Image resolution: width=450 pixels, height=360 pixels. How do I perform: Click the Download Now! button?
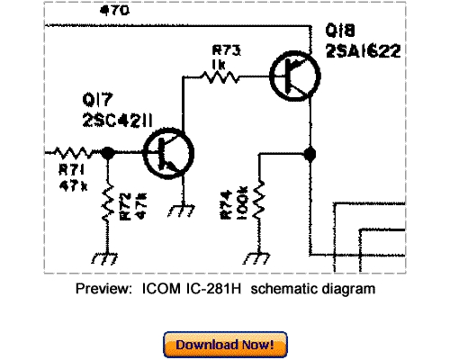[x=226, y=344]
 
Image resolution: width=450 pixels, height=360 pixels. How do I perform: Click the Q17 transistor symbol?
[x=166, y=154]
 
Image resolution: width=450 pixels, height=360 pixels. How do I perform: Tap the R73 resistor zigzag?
[x=220, y=78]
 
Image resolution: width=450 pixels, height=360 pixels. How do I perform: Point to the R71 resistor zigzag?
[x=73, y=153]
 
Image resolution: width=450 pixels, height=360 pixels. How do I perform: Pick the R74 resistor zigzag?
[x=260, y=202]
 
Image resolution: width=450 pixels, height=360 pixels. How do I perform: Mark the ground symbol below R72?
[x=108, y=259]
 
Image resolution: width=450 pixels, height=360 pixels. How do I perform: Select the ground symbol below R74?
[x=260, y=259]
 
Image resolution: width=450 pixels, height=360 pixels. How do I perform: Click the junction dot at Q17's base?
[x=109, y=154]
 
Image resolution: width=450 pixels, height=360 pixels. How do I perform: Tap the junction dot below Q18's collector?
[x=310, y=154]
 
